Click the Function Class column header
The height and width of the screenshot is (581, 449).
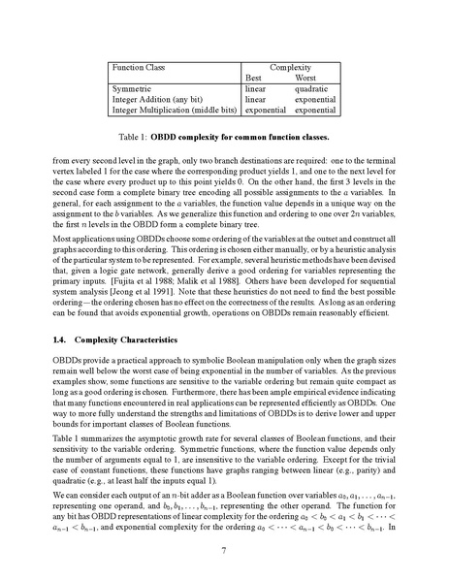pyautogui.click(x=140, y=67)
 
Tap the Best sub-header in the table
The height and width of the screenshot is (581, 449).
pyautogui.click(x=254, y=77)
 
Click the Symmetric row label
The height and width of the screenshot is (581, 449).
pyautogui.click(x=134, y=89)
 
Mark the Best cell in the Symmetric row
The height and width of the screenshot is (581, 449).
pyautogui.click(x=255, y=89)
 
